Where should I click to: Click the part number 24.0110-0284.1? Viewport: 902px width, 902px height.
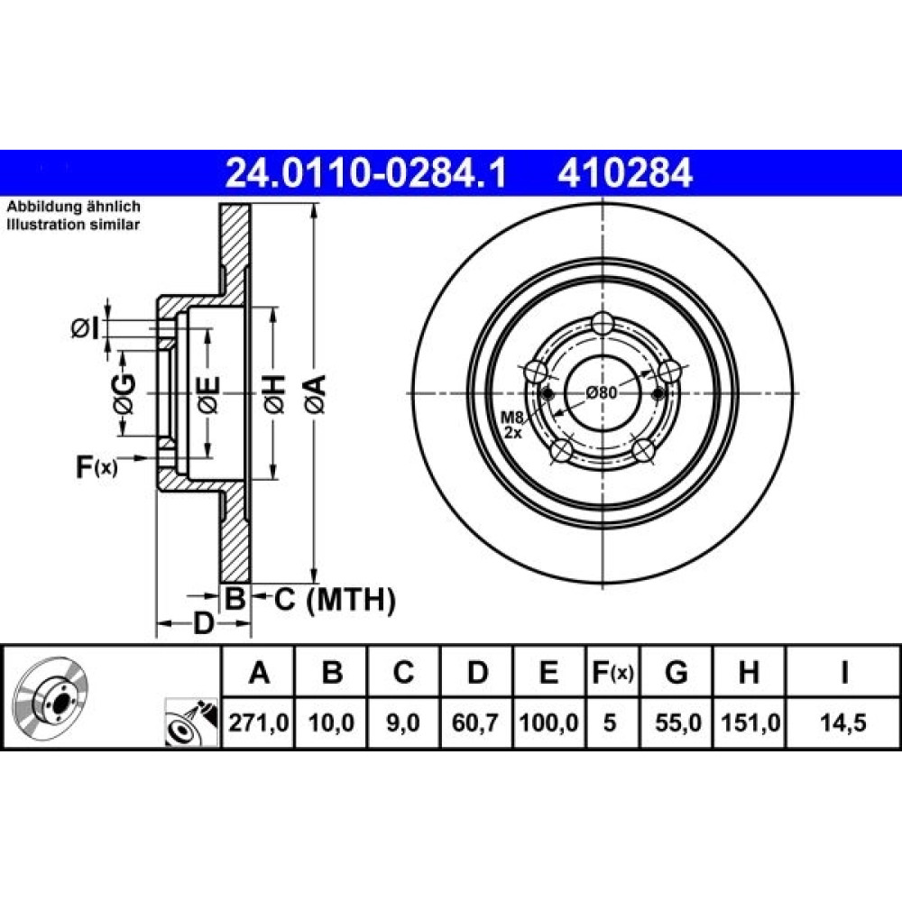coord(366,172)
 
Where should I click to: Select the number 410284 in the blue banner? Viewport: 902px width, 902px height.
coord(625,172)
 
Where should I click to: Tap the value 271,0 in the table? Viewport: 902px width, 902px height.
coord(258,723)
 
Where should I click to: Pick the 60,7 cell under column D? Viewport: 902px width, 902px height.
coord(475,723)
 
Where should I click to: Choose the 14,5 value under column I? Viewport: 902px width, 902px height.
coord(842,723)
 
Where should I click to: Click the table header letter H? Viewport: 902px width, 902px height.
coord(749,672)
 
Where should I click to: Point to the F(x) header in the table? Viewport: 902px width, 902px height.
coord(612,672)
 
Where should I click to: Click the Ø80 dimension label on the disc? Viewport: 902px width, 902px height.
coord(602,393)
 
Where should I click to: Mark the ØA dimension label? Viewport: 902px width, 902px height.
coord(315,394)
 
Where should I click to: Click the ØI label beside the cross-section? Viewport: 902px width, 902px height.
coord(85,328)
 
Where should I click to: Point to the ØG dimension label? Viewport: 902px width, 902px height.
coord(124,394)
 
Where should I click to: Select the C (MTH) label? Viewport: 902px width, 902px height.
coord(335,600)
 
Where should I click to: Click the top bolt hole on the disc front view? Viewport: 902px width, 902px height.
coord(603,324)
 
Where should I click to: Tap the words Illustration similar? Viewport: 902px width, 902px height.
coord(73,225)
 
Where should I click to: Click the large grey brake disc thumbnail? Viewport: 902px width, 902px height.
coord(50,698)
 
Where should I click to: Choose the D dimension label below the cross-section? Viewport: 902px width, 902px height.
coord(202,623)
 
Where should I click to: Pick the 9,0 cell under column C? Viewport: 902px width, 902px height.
coord(402,723)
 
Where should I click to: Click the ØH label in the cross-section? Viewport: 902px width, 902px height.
coord(274,394)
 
